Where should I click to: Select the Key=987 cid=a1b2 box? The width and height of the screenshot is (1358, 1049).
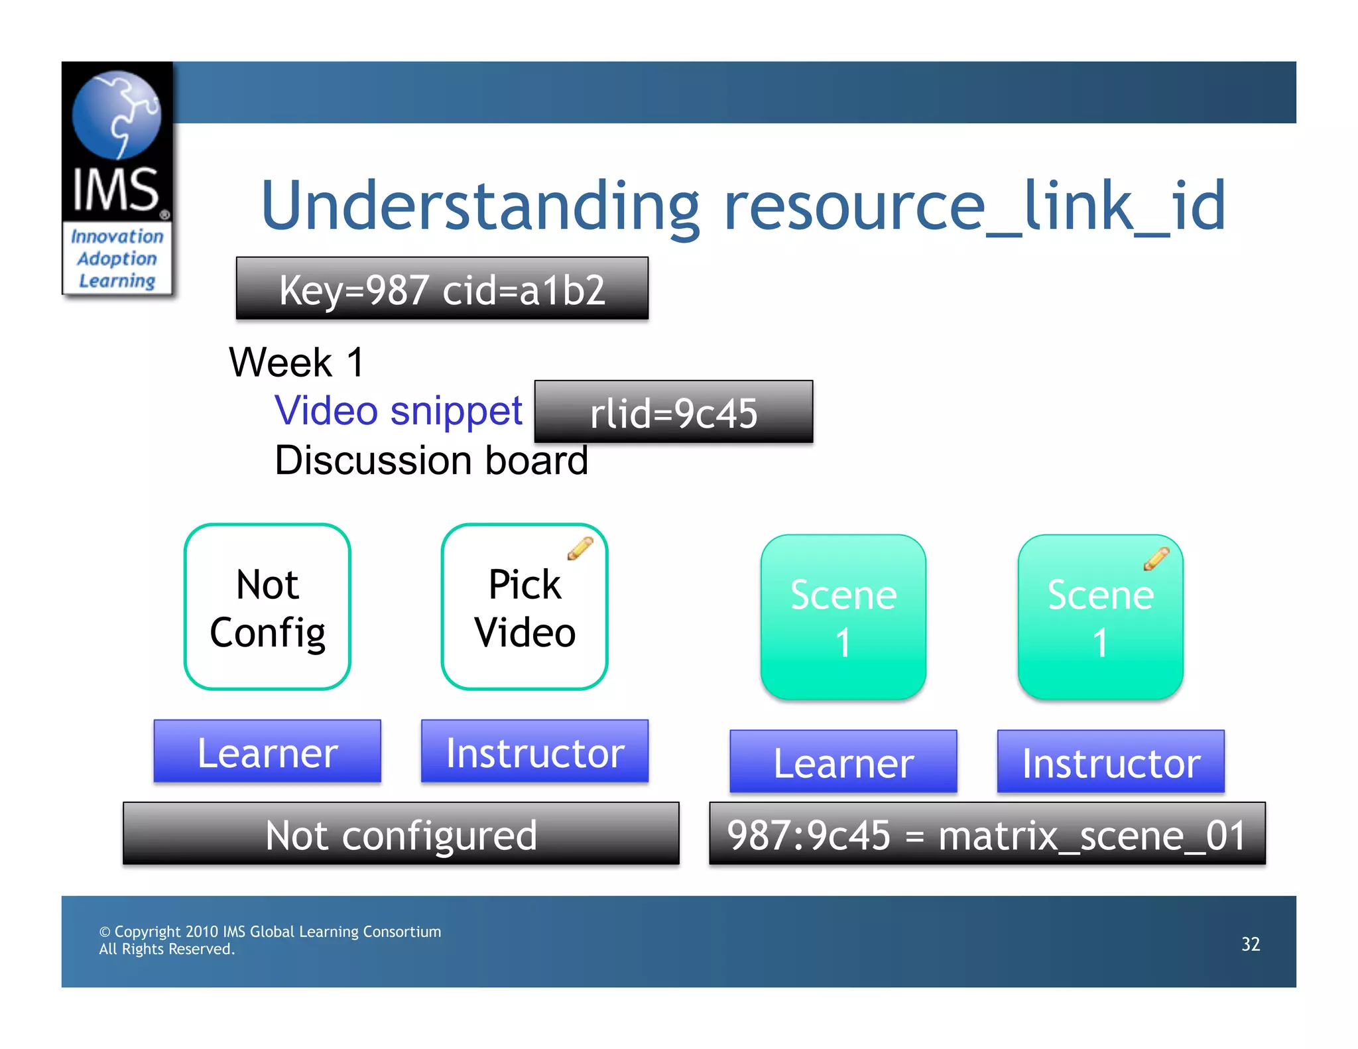click(442, 289)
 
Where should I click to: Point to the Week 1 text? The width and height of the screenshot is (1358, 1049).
click(296, 363)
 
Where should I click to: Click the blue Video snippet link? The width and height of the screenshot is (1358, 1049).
click(399, 410)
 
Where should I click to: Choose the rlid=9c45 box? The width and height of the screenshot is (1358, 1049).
click(673, 412)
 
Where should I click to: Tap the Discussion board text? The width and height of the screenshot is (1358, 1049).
click(431, 460)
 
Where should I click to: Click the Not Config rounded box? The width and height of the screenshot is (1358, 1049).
click(267, 607)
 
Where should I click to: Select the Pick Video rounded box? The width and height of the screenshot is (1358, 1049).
click(524, 607)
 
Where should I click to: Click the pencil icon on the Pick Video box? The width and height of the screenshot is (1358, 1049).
click(580, 548)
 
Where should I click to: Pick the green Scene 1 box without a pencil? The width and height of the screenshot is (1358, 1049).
click(843, 617)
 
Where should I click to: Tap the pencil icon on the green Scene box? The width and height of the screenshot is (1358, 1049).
click(1156, 559)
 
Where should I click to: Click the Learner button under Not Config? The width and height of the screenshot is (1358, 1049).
click(267, 752)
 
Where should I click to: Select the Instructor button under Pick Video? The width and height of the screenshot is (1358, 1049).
click(534, 752)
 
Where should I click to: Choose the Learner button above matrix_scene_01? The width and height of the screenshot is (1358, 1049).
click(843, 762)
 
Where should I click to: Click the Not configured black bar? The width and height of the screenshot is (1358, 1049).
click(401, 834)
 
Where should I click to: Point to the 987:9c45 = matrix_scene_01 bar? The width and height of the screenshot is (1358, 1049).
click(987, 834)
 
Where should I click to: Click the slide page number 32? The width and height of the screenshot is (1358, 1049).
click(1250, 944)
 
